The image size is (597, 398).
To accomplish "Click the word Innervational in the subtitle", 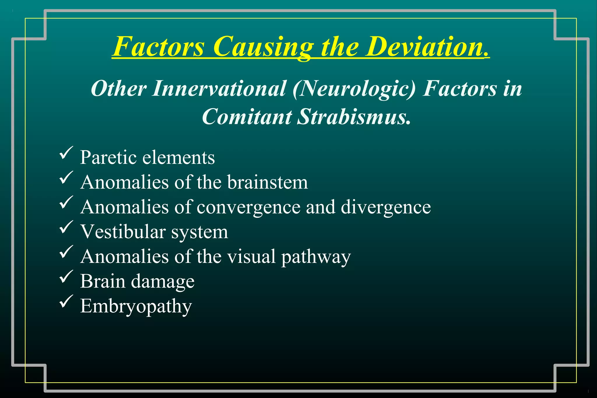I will coord(219,88).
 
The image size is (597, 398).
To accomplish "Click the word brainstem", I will coord(267,182).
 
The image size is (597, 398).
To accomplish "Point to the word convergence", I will coord(248,207).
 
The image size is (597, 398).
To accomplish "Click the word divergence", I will coord(386,207).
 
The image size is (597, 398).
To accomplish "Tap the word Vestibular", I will coord(123,232).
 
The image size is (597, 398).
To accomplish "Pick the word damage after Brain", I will coord(162,282).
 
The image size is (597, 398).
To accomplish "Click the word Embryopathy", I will coord(136,307).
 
